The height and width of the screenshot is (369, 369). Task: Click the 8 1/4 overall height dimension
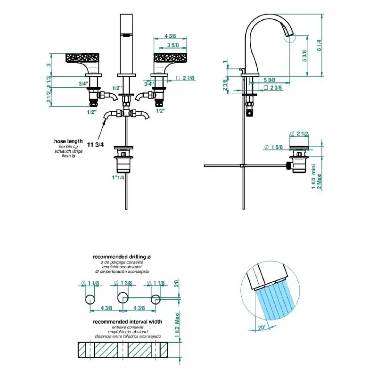point(320,45)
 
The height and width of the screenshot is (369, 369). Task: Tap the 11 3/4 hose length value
point(95,145)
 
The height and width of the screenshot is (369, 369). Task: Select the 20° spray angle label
point(262,328)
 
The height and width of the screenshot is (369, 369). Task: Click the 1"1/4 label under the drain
point(118,177)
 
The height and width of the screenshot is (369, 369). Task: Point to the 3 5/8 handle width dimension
point(173,45)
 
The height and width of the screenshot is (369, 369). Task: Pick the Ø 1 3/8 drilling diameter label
point(123,283)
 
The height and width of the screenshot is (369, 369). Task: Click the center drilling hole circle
point(123,297)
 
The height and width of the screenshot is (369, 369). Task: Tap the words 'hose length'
point(68,141)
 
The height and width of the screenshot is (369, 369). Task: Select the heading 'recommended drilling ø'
point(122,256)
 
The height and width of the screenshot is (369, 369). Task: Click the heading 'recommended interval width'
point(128,322)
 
